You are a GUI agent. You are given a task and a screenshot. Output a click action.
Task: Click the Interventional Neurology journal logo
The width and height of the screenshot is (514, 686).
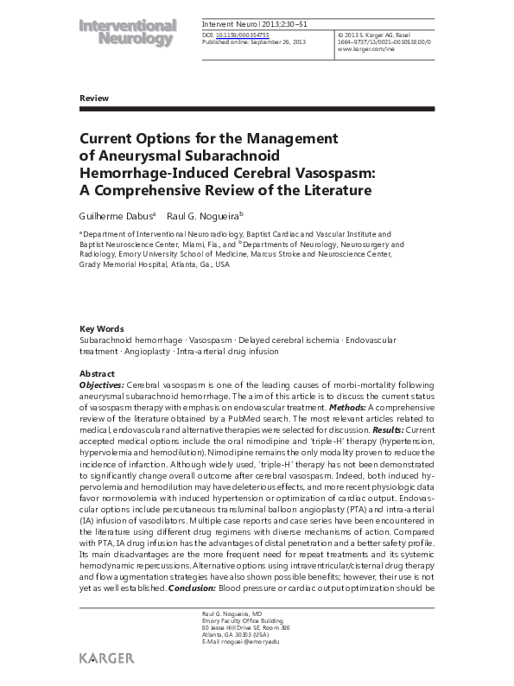pos(128,34)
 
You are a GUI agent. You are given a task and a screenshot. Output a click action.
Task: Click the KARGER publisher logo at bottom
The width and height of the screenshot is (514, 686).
pos(106,658)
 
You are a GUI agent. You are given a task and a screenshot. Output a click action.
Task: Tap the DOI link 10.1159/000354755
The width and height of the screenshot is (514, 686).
pos(240,35)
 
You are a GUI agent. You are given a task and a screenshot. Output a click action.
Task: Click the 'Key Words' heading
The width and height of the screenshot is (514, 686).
pos(101,329)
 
